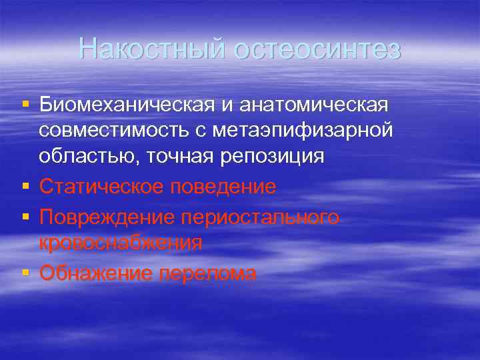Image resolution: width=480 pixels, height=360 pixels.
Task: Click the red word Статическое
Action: coord(103,187)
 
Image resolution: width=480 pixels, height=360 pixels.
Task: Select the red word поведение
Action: coord(225,187)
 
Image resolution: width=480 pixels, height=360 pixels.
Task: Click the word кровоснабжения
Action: coord(121,243)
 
